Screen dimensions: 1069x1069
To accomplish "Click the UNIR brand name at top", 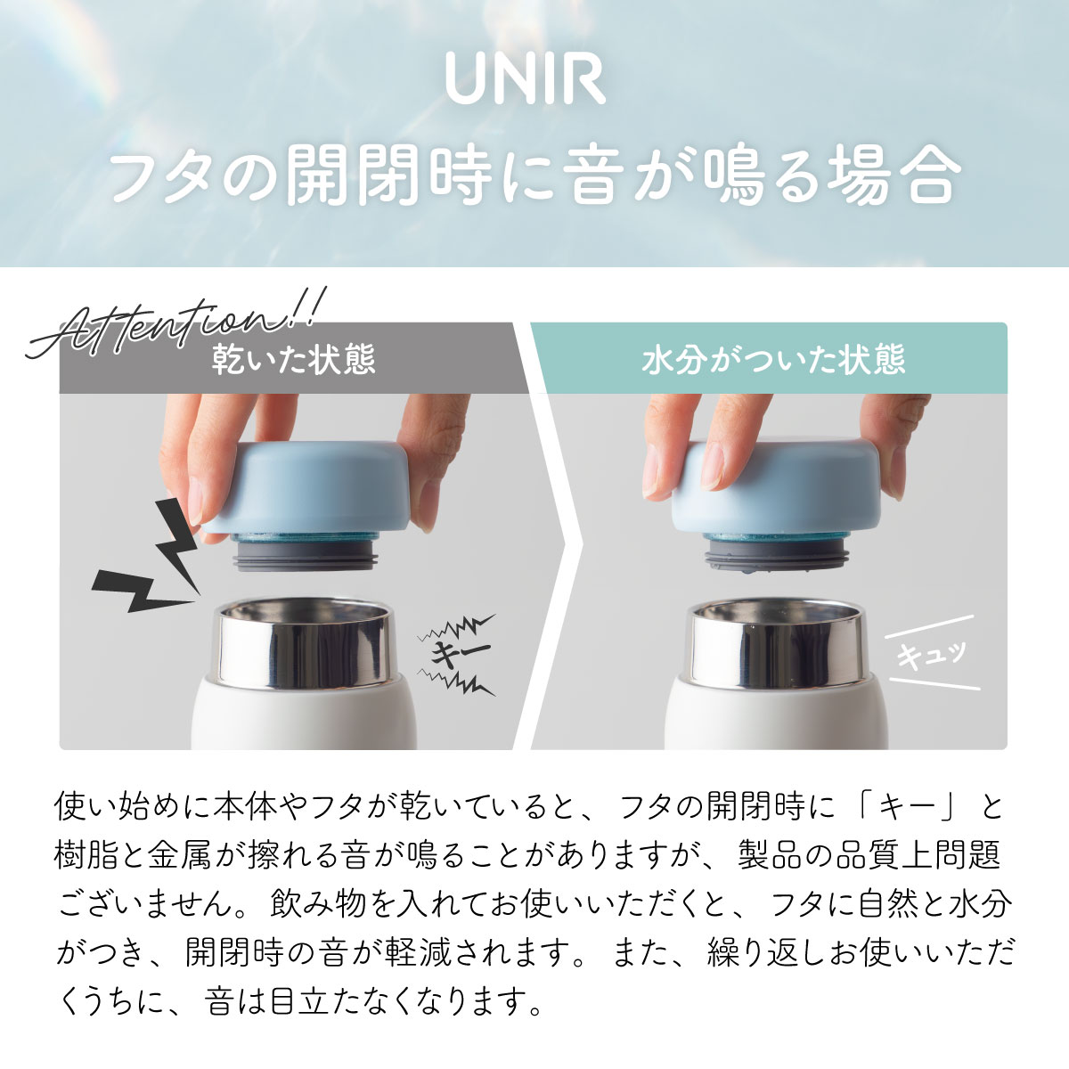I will (526, 79).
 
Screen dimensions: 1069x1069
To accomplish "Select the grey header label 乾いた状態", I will (293, 360).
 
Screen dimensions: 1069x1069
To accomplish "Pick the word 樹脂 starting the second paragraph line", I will (87, 856).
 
